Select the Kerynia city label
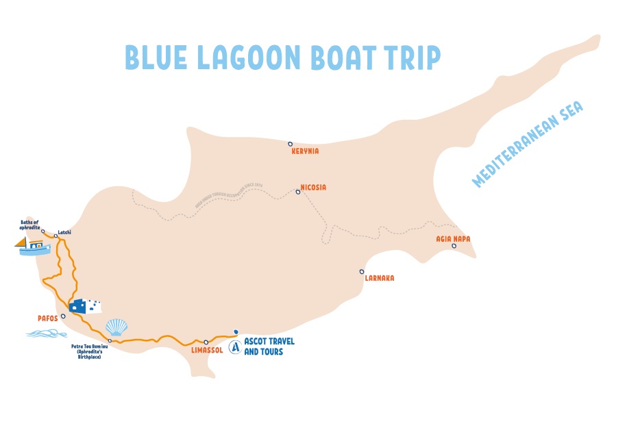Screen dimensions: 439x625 pos(306,151)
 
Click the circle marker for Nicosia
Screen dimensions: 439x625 pos(297,192)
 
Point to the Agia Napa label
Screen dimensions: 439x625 pos(452,239)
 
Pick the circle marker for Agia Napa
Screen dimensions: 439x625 pos(454,246)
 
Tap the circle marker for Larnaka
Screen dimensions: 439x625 pos(361,271)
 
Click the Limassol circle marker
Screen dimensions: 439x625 pos(206,342)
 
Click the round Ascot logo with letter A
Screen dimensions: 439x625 pos(235,347)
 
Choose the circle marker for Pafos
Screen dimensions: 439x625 pos(63,316)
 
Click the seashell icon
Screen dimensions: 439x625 pos(117,326)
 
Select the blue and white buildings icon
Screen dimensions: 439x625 pos(86,305)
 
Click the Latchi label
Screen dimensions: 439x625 pos(65,232)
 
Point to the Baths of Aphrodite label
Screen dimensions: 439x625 pos(31,225)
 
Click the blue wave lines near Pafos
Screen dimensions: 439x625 pos(47,334)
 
